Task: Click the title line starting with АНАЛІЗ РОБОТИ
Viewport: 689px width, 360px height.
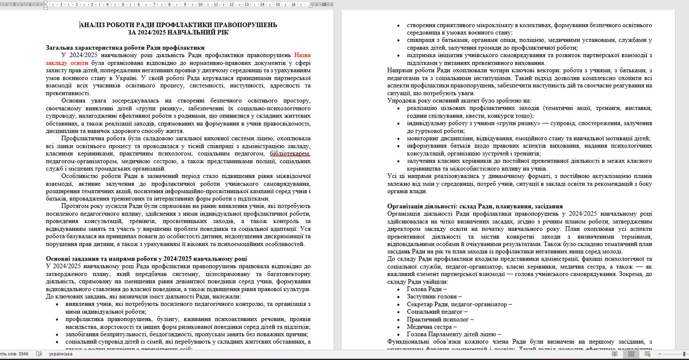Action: tap(178, 25)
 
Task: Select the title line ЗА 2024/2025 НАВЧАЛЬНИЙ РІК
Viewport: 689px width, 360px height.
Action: tap(178, 32)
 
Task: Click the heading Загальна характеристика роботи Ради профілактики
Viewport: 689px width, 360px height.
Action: tap(125, 48)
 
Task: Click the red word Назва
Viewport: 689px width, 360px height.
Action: tap(302, 55)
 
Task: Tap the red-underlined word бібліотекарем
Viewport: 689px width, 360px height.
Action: tap(290, 154)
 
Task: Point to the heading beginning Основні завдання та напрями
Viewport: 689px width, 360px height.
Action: tap(146, 259)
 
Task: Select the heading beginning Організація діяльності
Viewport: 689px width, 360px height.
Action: tap(475, 206)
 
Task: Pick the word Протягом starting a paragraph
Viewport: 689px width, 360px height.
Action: tap(74, 206)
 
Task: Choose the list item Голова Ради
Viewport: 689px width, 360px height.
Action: tap(426, 289)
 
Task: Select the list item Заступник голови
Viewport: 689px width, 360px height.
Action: tap(434, 297)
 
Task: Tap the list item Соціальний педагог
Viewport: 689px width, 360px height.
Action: tap(437, 312)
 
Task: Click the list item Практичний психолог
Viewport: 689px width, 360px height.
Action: tap(440, 320)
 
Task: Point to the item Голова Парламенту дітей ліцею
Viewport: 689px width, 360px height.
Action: tap(453, 335)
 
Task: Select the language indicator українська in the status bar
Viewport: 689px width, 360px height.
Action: tap(61, 354)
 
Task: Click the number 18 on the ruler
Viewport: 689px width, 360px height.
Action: tap(324, 4)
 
